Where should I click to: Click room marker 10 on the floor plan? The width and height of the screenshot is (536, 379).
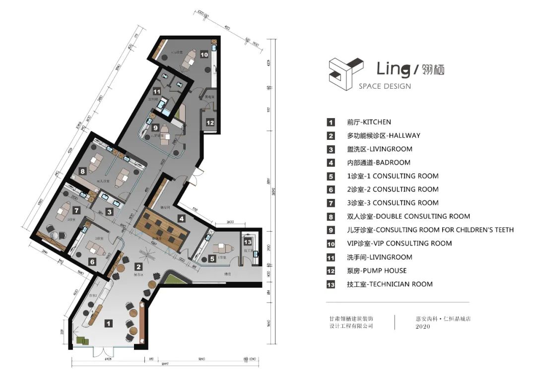pyautogui.click(x=204, y=55)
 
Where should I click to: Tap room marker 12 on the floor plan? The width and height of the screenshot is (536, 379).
pyautogui.click(x=210, y=122)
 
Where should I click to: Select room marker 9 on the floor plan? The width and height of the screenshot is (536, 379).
pyautogui.click(x=155, y=127)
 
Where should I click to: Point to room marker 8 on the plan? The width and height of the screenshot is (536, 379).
pyautogui.click(x=83, y=171)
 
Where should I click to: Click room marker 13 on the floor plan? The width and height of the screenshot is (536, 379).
pyautogui.click(x=248, y=242)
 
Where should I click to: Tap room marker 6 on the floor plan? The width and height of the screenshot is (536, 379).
pyautogui.click(x=92, y=261)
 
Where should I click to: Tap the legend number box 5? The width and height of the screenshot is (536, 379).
pyautogui.click(x=331, y=176)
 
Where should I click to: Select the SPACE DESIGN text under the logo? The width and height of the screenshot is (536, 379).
pyautogui.click(x=385, y=86)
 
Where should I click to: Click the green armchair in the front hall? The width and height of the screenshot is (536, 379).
pyautogui.click(x=82, y=340)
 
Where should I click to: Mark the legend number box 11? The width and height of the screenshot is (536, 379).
pyautogui.click(x=331, y=257)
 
